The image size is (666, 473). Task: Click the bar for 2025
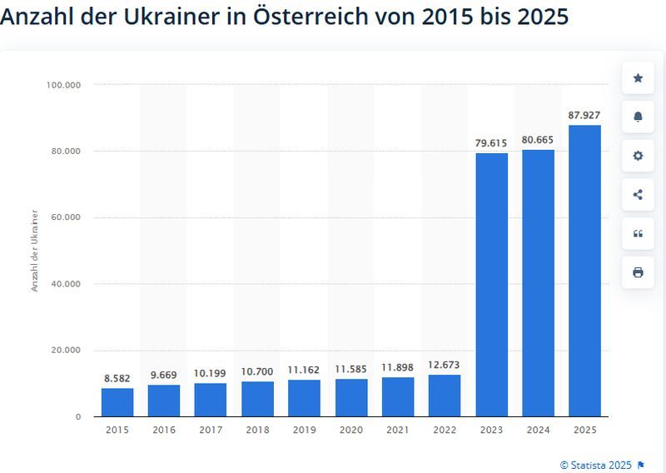click(x=584, y=271)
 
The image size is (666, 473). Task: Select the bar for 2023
click(x=491, y=284)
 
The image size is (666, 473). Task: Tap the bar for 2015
click(x=117, y=402)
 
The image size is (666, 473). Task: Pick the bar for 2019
click(x=304, y=398)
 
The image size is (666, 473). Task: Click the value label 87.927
click(x=584, y=116)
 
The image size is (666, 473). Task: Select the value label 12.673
click(x=444, y=365)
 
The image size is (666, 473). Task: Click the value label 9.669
click(x=164, y=375)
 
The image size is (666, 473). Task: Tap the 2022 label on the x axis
click(x=444, y=429)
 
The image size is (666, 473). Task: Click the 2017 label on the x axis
click(x=211, y=429)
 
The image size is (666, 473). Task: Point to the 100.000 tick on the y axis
click(x=63, y=85)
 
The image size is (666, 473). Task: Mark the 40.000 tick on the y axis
click(x=66, y=284)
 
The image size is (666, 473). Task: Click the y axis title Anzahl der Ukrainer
click(x=35, y=250)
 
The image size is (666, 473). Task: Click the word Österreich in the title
click(x=301, y=16)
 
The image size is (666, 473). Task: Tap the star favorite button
click(x=638, y=78)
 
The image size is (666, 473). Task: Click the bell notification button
click(x=638, y=117)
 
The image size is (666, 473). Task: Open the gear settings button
click(x=638, y=156)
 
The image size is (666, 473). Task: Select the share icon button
click(x=638, y=195)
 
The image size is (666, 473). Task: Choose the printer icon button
click(x=638, y=272)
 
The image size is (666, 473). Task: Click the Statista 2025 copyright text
click(x=595, y=464)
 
